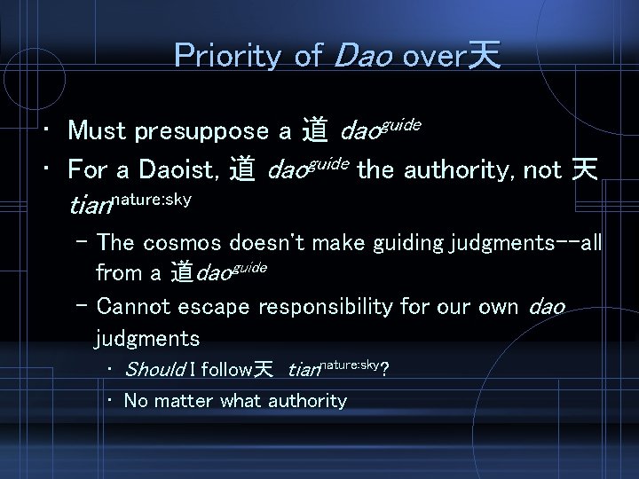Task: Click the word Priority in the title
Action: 229,56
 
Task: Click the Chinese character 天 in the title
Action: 484,56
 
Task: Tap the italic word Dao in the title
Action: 363,56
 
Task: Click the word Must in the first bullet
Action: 97,132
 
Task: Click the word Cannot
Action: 138,308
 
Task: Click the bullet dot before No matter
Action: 107,401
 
